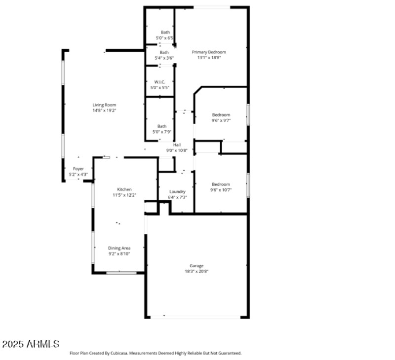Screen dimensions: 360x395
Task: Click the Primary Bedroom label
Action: tap(209, 52)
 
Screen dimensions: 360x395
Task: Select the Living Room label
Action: tap(104, 105)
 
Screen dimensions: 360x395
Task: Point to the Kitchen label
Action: tap(124, 189)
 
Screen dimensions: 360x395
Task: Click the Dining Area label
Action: tap(119, 248)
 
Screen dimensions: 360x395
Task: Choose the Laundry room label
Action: tap(177, 191)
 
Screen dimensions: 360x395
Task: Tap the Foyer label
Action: tap(79, 169)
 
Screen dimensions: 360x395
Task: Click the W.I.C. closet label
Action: tap(159, 82)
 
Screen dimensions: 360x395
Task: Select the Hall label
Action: tap(177, 144)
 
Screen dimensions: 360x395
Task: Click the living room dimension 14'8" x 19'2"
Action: tap(104, 110)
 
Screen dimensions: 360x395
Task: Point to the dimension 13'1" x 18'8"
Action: tap(209, 58)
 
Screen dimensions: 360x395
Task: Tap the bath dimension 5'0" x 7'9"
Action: tap(162, 132)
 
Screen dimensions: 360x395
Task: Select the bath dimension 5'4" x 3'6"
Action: tap(164, 58)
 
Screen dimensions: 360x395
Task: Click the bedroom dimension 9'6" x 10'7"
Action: tap(221, 190)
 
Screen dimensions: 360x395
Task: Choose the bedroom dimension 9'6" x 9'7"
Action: tap(221, 120)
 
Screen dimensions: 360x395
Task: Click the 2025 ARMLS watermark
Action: tap(31, 344)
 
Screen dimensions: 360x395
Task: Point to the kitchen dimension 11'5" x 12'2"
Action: tap(124, 195)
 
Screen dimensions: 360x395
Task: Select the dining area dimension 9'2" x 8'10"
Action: tap(119, 253)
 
